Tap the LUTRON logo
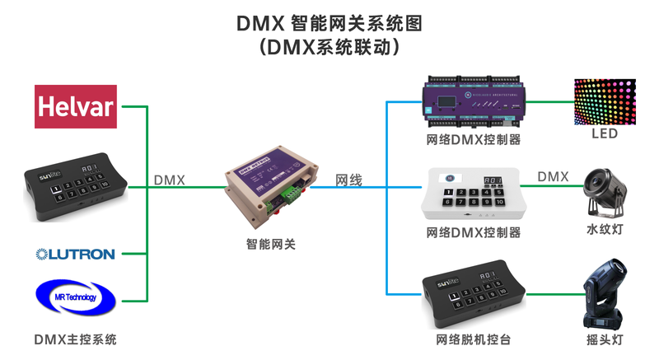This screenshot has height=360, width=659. coord(75,254)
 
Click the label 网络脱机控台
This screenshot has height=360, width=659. coord(474,339)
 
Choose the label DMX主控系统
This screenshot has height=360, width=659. coord(76,339)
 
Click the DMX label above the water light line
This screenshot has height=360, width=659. coord(553,176)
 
